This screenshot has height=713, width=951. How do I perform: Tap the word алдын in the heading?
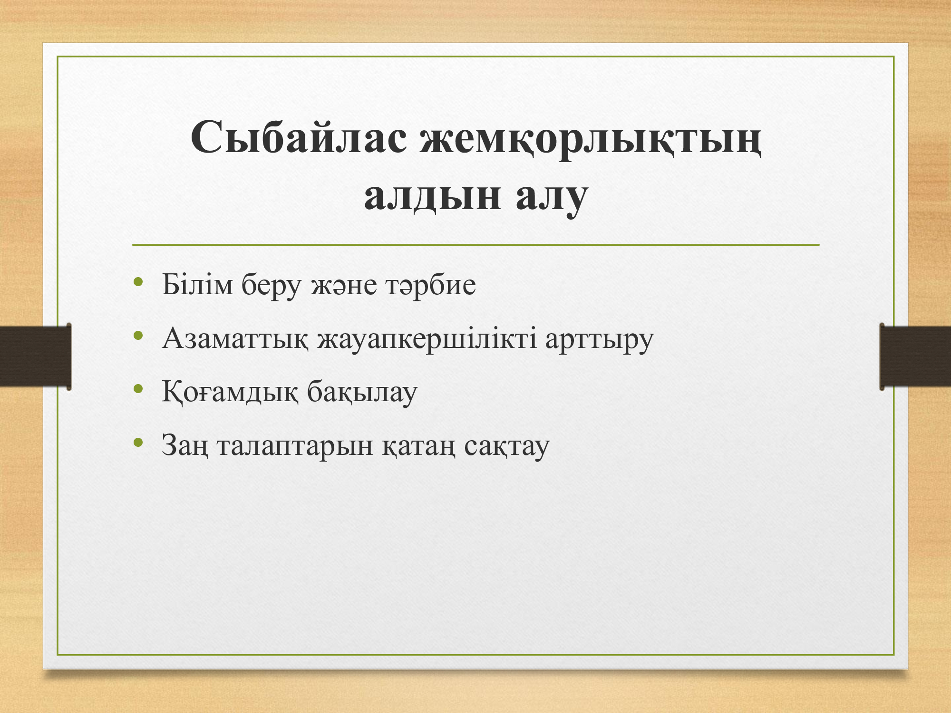[432, 197]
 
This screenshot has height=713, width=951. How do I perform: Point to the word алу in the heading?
[552, 200]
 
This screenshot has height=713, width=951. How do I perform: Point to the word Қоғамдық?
[230, 393]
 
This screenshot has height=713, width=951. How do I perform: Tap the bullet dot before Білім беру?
[138, 282]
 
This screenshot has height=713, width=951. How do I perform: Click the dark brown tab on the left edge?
[36, 356]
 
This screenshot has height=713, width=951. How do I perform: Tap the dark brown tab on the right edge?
[915, 356]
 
